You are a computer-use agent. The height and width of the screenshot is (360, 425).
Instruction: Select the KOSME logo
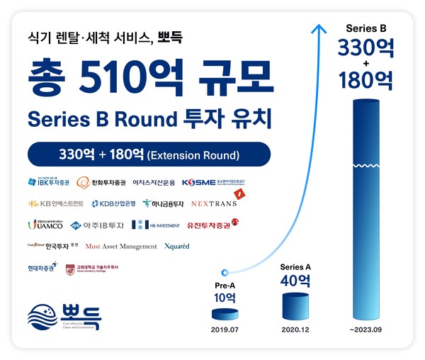pyautogui.click(x=213, y=182)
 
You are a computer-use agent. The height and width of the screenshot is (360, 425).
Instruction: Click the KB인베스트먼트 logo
pyautogui.click(x=56, y=203)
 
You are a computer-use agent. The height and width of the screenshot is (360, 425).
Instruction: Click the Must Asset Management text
pyautogui.click(x=121, y=246)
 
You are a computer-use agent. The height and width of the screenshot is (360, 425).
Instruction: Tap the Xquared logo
pyautogui.click(x=177, y=246)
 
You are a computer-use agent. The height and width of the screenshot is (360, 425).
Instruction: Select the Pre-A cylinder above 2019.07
pyautogui.click(x=225, y=315)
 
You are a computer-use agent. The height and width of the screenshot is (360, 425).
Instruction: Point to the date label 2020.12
pyautogui.click(x=295, y=330)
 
